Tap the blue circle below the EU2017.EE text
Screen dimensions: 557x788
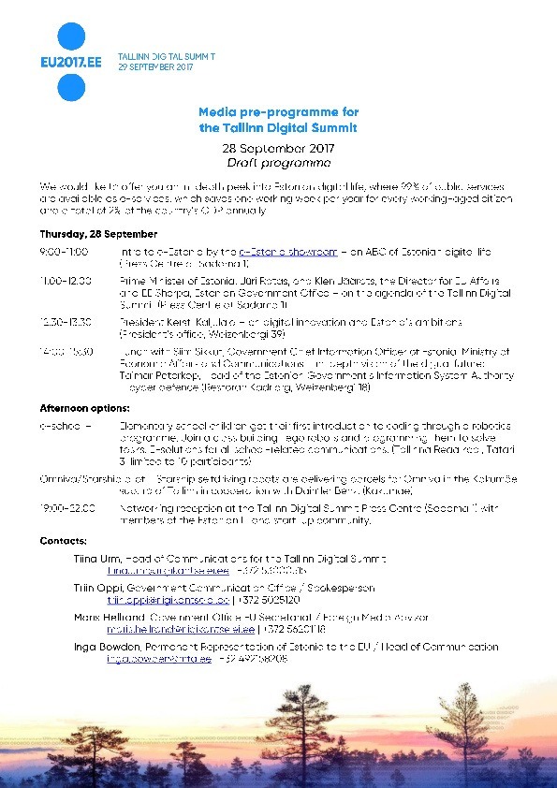71,87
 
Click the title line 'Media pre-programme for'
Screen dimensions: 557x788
278,110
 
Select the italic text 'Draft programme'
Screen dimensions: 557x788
278,162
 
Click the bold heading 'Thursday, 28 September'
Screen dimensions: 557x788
85,233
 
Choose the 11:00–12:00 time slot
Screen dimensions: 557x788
65,280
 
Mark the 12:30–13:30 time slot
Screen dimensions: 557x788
65,321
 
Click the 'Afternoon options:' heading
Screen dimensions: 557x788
84,408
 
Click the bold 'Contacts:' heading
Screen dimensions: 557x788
65,541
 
